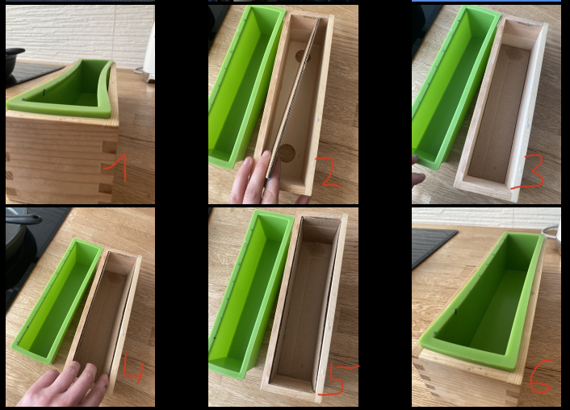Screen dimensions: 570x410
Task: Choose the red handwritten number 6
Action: [541, 376]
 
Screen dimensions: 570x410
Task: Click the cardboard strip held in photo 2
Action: [294, 98]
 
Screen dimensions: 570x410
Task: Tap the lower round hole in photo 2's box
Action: [287, 153]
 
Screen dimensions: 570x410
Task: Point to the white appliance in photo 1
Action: [149, 55]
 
